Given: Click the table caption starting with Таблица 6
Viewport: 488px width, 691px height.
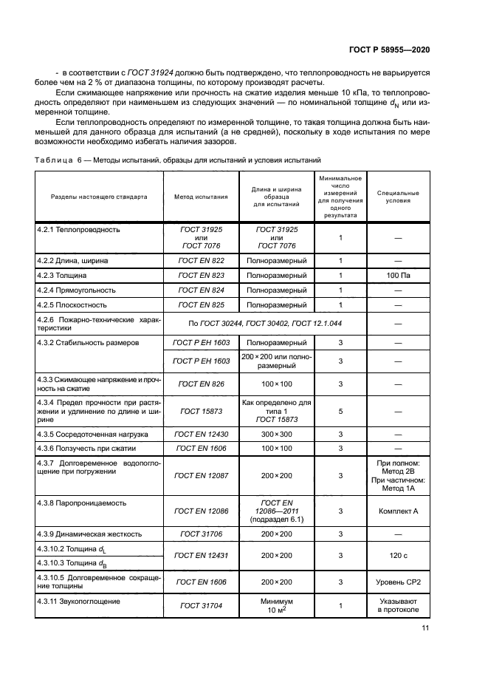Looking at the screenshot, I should (x=178, y=160).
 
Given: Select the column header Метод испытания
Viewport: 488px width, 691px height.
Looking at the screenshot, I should (x=201, y=197).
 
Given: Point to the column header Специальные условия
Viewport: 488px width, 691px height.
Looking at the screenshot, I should (x=398, y=197).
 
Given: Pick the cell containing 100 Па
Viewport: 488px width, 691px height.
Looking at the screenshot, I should (x=398, y=275).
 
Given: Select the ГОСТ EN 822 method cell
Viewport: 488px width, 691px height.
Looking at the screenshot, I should (x=201, y=260).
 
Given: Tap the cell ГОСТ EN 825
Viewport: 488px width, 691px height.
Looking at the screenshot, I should (x=201, y=304).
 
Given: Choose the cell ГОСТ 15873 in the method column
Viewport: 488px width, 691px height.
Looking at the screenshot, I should (x=201, y=412).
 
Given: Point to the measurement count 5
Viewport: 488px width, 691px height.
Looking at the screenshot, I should (x=340, y=412).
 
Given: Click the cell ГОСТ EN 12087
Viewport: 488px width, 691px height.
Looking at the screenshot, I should (x=201, y=476).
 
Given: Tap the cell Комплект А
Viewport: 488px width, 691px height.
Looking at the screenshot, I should (x=398, y=511).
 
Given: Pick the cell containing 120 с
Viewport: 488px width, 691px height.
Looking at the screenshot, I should (x=398, y=555).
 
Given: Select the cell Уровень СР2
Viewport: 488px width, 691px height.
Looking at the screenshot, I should (x=398, y=582).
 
